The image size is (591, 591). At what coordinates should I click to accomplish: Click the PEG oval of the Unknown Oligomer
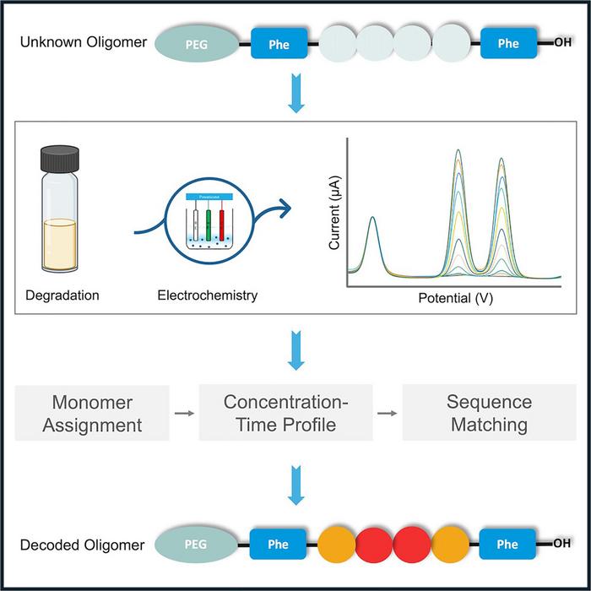click(x=197, y=44)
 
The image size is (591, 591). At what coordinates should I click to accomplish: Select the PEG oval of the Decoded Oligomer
click(x=197, y=544)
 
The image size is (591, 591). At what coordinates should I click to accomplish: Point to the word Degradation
click(x=64, y=295)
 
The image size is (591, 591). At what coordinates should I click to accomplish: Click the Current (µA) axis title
click(x=335, y=218)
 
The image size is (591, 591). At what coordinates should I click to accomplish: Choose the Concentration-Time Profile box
click(x=285, y=413)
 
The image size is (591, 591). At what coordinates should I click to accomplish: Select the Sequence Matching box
click(x=490, y=413)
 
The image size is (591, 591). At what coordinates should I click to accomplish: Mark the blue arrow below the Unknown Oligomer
click(x=295, y=95)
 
